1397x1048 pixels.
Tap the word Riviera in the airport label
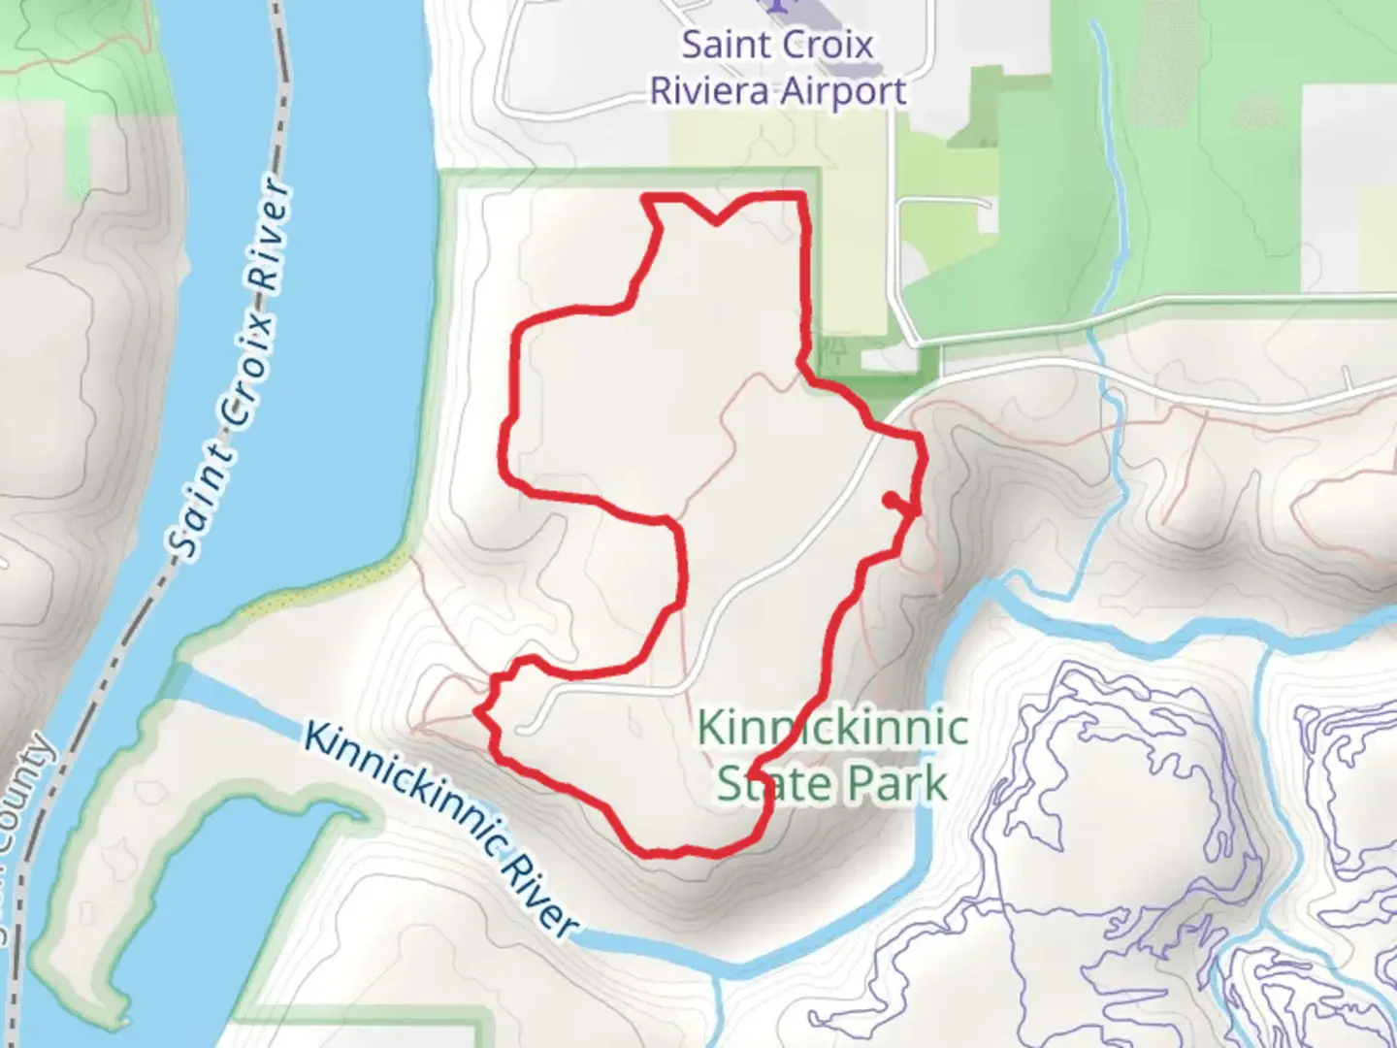click(710, 92)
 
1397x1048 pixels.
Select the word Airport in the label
click(843, 92)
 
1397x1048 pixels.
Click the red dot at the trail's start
click(891, 499)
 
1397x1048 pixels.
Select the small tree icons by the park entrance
click(833, 346)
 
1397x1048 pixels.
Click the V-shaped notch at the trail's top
click(716, 221)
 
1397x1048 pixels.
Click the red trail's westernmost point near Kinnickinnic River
click(478, 712)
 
